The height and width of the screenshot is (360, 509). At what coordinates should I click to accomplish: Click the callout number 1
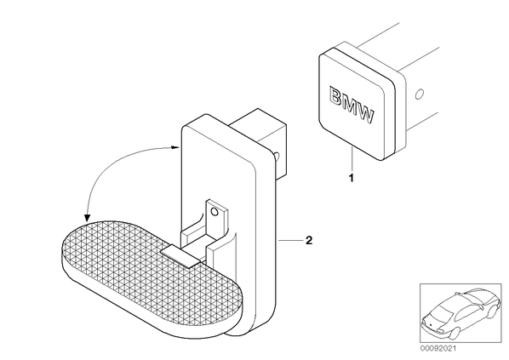click(x=351, y=178)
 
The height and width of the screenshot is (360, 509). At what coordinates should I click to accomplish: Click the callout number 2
click(x=309, y=240)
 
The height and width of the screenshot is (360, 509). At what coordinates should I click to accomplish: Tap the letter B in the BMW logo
click(x=336, y=96)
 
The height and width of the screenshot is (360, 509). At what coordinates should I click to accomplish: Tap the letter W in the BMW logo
click(x=365, y=114)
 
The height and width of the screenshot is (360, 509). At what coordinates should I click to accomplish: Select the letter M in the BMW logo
click(x=350, y=105)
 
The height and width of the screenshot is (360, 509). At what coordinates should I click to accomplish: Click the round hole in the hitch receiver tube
click(x=419, y=94)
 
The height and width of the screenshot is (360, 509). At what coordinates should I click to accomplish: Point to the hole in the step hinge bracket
click(x=214, y=212)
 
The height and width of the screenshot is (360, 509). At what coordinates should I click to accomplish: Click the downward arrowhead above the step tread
click(x=87, y=218)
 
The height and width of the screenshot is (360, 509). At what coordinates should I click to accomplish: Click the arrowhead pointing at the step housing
click(x=176, y=147)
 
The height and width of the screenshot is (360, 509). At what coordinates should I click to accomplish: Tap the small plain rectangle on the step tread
click(x=180, y=255)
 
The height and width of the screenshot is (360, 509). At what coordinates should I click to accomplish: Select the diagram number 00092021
click(x=438, y=349)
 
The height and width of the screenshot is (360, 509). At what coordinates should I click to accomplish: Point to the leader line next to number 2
click(x=289, y=240)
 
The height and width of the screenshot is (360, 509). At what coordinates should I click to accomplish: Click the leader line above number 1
click(x=352, y=159)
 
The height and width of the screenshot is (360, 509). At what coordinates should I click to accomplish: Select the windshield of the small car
click(x=442, y=311)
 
